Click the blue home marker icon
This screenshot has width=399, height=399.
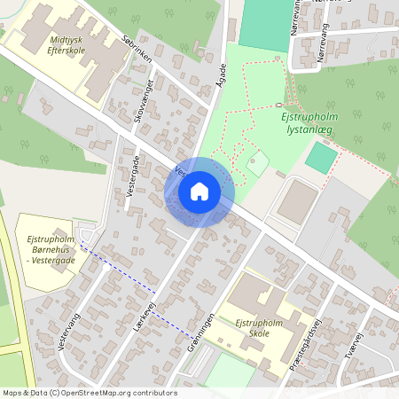point(199,192)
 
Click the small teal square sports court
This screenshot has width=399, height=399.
point(321,158)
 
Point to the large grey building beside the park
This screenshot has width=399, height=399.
point(297,203)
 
